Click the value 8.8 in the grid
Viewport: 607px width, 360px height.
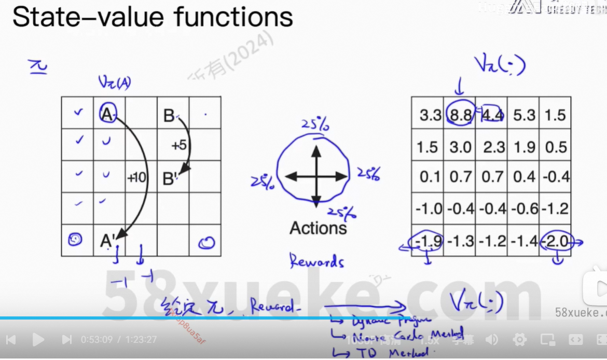pyautogui.click(x=461, y=115)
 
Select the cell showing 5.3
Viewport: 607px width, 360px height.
pyautogui.click(x=524, y=115)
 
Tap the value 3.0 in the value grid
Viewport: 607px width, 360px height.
pyautogui.click(x=461, y=147)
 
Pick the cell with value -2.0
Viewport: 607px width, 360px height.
pyautogui.click(x=556, y=241)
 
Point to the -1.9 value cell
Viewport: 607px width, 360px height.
pyautogui.click(x=429, y=241)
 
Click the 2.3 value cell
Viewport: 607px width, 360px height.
pyautogui.click(x=492, y=147)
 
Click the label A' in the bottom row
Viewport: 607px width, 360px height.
pyautogui.click(x=108, y=241)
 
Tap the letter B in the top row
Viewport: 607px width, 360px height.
pyautogui.click(x=169, y=116)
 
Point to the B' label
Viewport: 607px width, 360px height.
pyautogui.click(x=170, y=179)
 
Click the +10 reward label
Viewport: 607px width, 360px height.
pyautogui.click(x=137, y=178)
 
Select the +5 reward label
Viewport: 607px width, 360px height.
pyautogui.click(x=178, y=146)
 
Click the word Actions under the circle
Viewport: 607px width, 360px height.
pyautogui.click(x=318, y=228)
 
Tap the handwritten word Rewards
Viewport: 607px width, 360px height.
pyautogui.click(x=316, y=261)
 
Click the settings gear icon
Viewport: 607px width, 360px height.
pyautogui.click(x=519, y=340)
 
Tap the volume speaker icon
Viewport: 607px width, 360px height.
pyautogui.click(x=491, y=340)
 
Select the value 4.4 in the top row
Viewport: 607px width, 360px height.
pyautogui.click(x=492, y=115)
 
